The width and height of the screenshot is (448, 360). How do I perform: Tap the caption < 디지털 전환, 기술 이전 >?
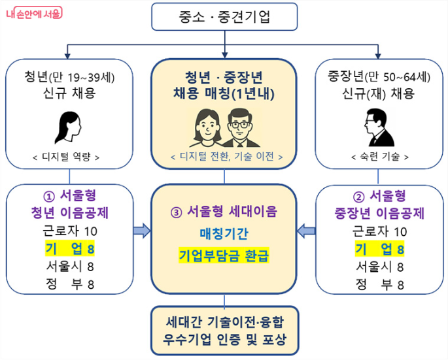tap(224, 157)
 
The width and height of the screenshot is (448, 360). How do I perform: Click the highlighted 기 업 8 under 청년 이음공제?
tap(70, 249)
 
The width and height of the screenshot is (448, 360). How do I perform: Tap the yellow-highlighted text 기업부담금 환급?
tap(224, 254)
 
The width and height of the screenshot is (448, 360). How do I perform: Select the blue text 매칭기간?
tap(224, 233)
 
